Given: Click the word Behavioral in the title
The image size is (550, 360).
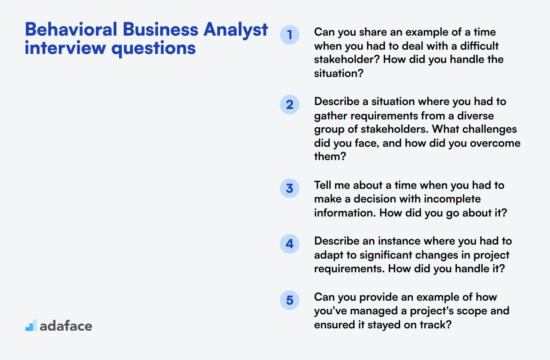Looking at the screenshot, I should click(71, 29).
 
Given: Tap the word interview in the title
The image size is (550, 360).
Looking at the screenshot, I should click(65, 48).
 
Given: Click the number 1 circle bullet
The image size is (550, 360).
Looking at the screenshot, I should click(290, 35).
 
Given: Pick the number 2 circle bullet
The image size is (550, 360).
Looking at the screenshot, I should click(290, 105).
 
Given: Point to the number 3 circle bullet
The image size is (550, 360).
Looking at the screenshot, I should click(290, 188).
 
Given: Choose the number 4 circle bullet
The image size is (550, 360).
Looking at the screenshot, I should click(290, 244).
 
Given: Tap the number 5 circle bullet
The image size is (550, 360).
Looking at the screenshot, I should click(290, 300).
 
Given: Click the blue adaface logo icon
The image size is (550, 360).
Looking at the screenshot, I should click(31, 326).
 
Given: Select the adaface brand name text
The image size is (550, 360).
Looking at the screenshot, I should click(66, 326).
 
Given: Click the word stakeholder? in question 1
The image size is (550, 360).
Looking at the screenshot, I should click(347, 59).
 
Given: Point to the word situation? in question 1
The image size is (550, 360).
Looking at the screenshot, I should click(339, 73).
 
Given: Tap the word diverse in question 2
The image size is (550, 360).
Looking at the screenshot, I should click(475, 116).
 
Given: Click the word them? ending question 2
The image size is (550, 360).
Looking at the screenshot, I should click(330, 156).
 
